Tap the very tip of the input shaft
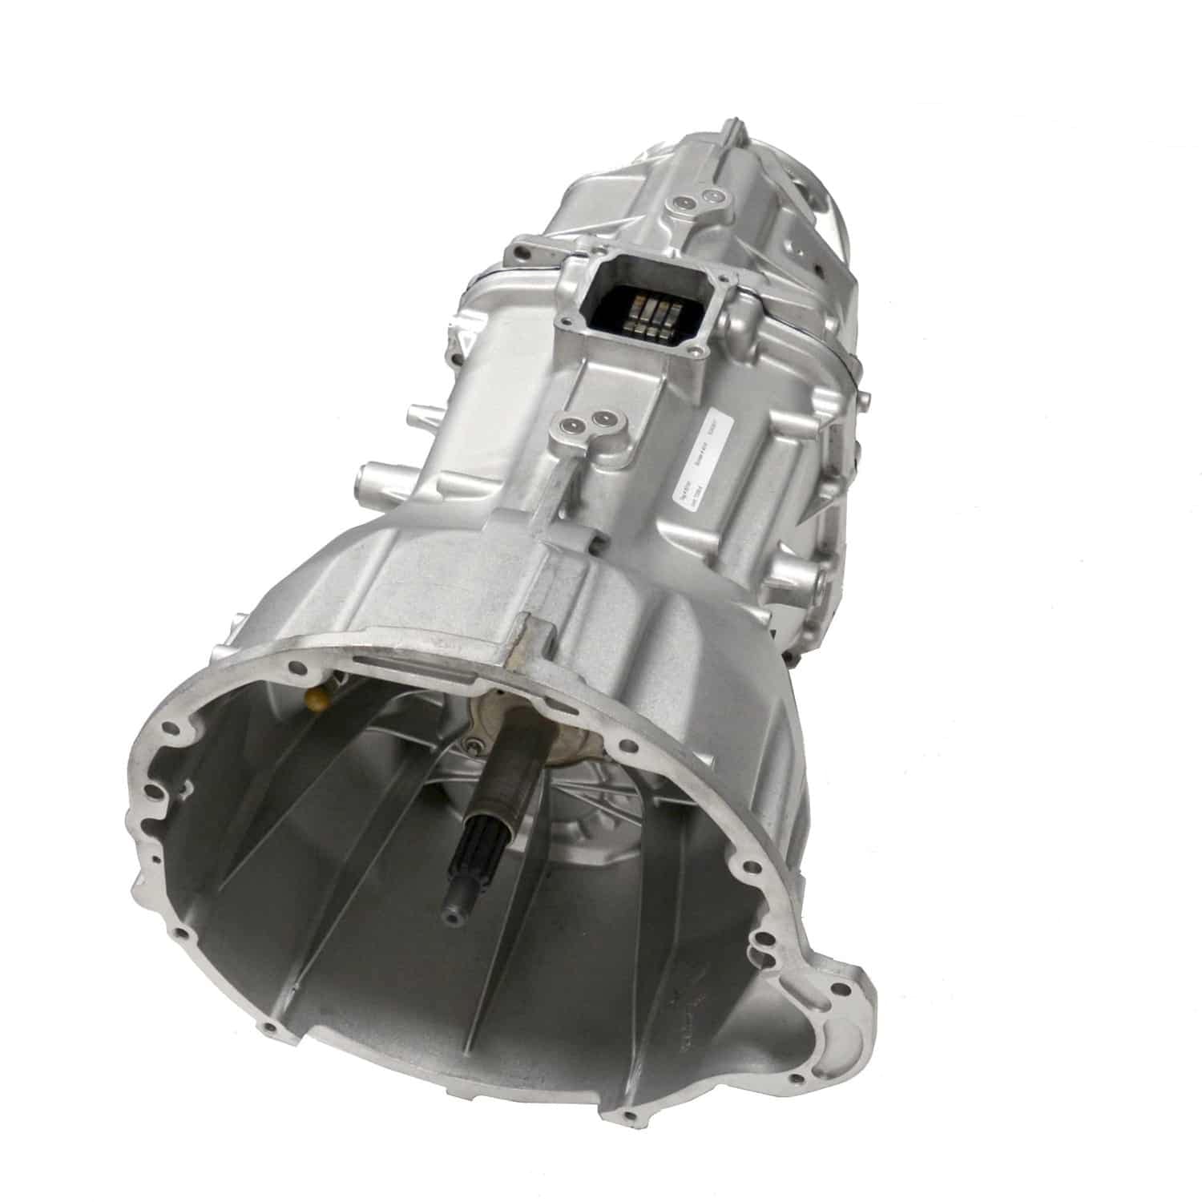coord(454,910)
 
